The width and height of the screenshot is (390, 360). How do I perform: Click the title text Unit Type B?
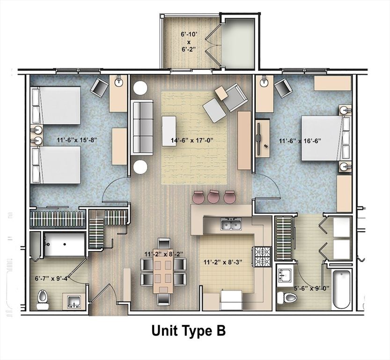pos(188,330)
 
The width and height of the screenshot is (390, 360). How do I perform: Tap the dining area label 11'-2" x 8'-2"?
pos(163,254)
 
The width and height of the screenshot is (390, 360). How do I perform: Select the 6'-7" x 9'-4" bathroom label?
pos(53,277)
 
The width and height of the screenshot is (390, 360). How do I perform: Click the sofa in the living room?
pos(142,127)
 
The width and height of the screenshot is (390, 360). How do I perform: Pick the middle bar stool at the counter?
pos(213,197)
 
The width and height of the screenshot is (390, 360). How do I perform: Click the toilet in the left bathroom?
pos(43,299)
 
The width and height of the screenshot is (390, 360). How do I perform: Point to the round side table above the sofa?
pos(140,88)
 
